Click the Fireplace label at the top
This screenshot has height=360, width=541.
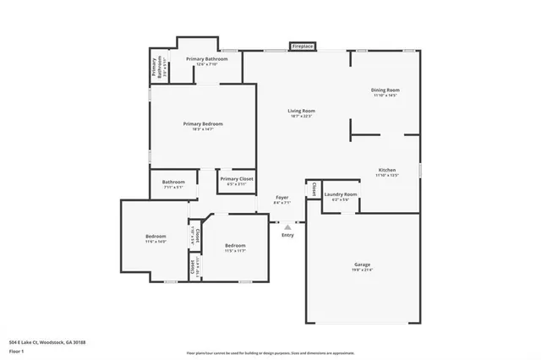point(303,46)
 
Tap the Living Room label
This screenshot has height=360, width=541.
point(302,111)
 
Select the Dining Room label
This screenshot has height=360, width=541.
point(385,90)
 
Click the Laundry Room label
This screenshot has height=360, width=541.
point(341,194)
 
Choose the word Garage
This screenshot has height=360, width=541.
point(362,265)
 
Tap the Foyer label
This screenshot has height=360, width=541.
point(282,197)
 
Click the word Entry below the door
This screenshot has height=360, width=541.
point(287,235)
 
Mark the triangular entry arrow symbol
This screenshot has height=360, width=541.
point(287,226)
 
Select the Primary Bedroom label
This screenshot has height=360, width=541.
point(203,123)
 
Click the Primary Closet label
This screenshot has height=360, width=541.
point(237,178)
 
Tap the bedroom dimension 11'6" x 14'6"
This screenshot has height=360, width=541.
point(155,242)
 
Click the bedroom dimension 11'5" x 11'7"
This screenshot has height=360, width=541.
point(234,251)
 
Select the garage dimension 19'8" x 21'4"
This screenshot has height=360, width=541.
point(362,270)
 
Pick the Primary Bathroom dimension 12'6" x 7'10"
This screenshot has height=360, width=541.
point(207,64)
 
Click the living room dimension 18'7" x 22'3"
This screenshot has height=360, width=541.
point(302,117)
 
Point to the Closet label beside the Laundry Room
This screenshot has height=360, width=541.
point(313,188)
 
